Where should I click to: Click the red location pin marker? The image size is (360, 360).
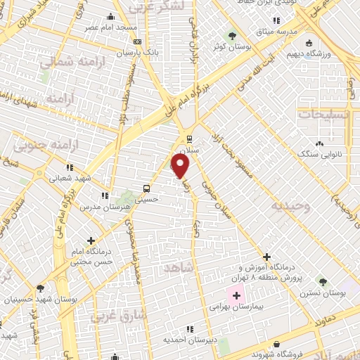[181, 166]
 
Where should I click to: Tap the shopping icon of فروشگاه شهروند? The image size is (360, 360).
[278, 345]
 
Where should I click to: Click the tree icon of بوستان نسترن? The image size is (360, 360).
[323, 282]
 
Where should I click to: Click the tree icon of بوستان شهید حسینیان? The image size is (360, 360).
[40, 288]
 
